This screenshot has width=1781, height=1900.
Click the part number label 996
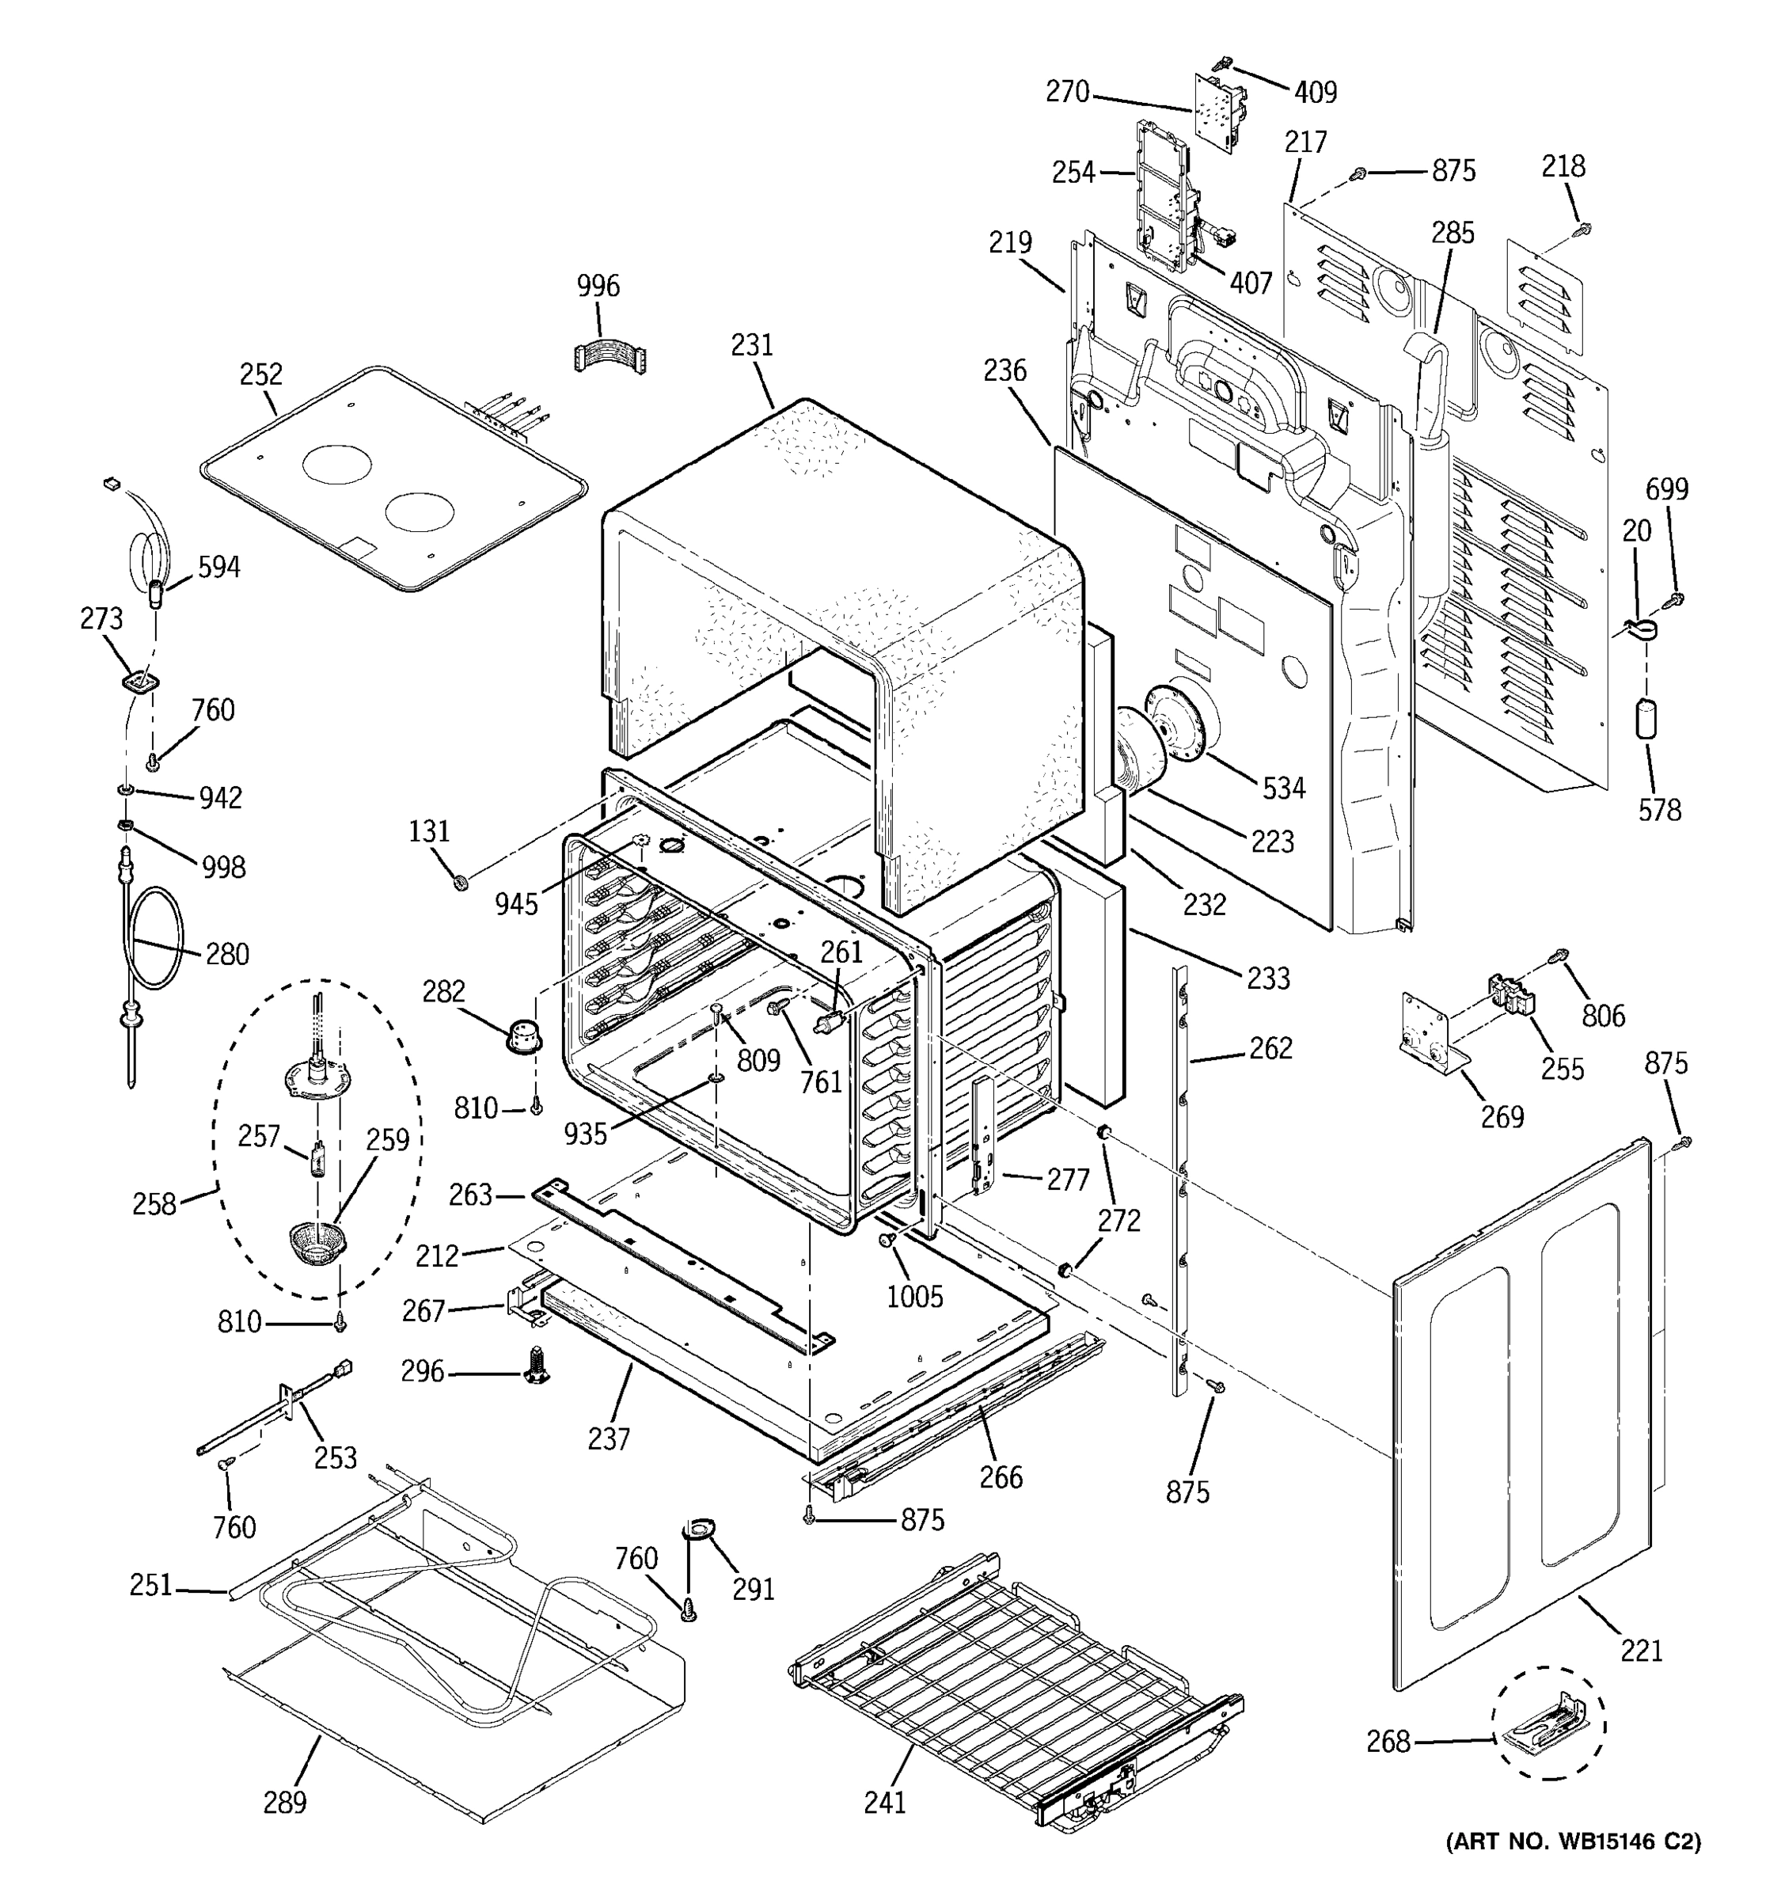coord(598,286)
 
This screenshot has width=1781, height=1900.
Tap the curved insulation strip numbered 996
coord(609,354)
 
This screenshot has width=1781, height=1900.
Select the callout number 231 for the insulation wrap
coord(752,345)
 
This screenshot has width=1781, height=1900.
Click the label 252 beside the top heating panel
coord(261,374)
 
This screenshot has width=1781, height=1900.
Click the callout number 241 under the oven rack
coord(885,1803)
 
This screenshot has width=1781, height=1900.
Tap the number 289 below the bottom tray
coord(285,1803)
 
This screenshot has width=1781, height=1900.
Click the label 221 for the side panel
coord(1642,1651)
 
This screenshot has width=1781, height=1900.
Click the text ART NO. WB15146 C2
coord(1574,1868)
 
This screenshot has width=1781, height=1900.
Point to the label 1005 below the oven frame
coord(914,1297)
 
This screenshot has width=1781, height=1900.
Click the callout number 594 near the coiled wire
coord(218,567)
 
